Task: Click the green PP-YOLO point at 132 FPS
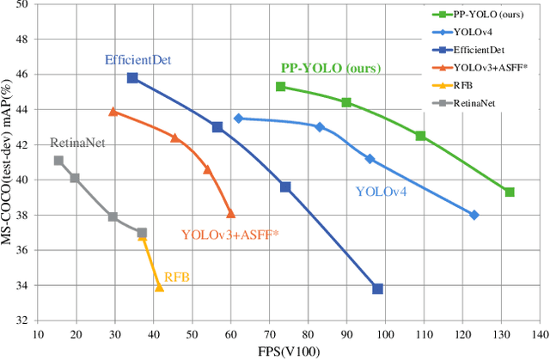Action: point(510,192)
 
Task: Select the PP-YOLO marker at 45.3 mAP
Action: point(280,87)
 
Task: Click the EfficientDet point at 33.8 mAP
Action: point(377,289)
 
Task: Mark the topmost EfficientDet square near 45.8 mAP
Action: point(132,77)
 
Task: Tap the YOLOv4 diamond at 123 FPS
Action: point(474,215)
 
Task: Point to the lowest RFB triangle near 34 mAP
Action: point(159,287)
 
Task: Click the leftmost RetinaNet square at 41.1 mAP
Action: point(58,161)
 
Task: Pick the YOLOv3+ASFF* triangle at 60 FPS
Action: point(230,214)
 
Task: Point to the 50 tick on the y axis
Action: point(23,5)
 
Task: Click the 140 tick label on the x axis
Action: point(539,334)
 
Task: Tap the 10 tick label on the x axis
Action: point(37,334)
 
